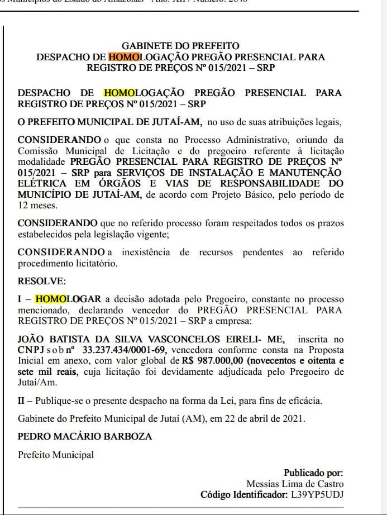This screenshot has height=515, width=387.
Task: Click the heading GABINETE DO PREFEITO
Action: (x=180, y=46)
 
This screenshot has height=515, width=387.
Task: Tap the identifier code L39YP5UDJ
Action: (x=317, y=494)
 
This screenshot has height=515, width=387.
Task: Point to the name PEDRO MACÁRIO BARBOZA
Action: (x=85, y=436)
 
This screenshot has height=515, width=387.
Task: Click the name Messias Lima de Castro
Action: (x=295, y=484)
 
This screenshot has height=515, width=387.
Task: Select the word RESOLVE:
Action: (x=42, y=280)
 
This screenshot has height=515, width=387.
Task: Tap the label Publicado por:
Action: (x=313, y=473)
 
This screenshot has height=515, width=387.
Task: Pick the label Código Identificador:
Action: (x=242, y=494)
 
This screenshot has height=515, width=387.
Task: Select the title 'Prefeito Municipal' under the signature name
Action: (x=56, y=455)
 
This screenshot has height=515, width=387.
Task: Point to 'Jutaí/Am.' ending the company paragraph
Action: (x=37, y=383)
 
